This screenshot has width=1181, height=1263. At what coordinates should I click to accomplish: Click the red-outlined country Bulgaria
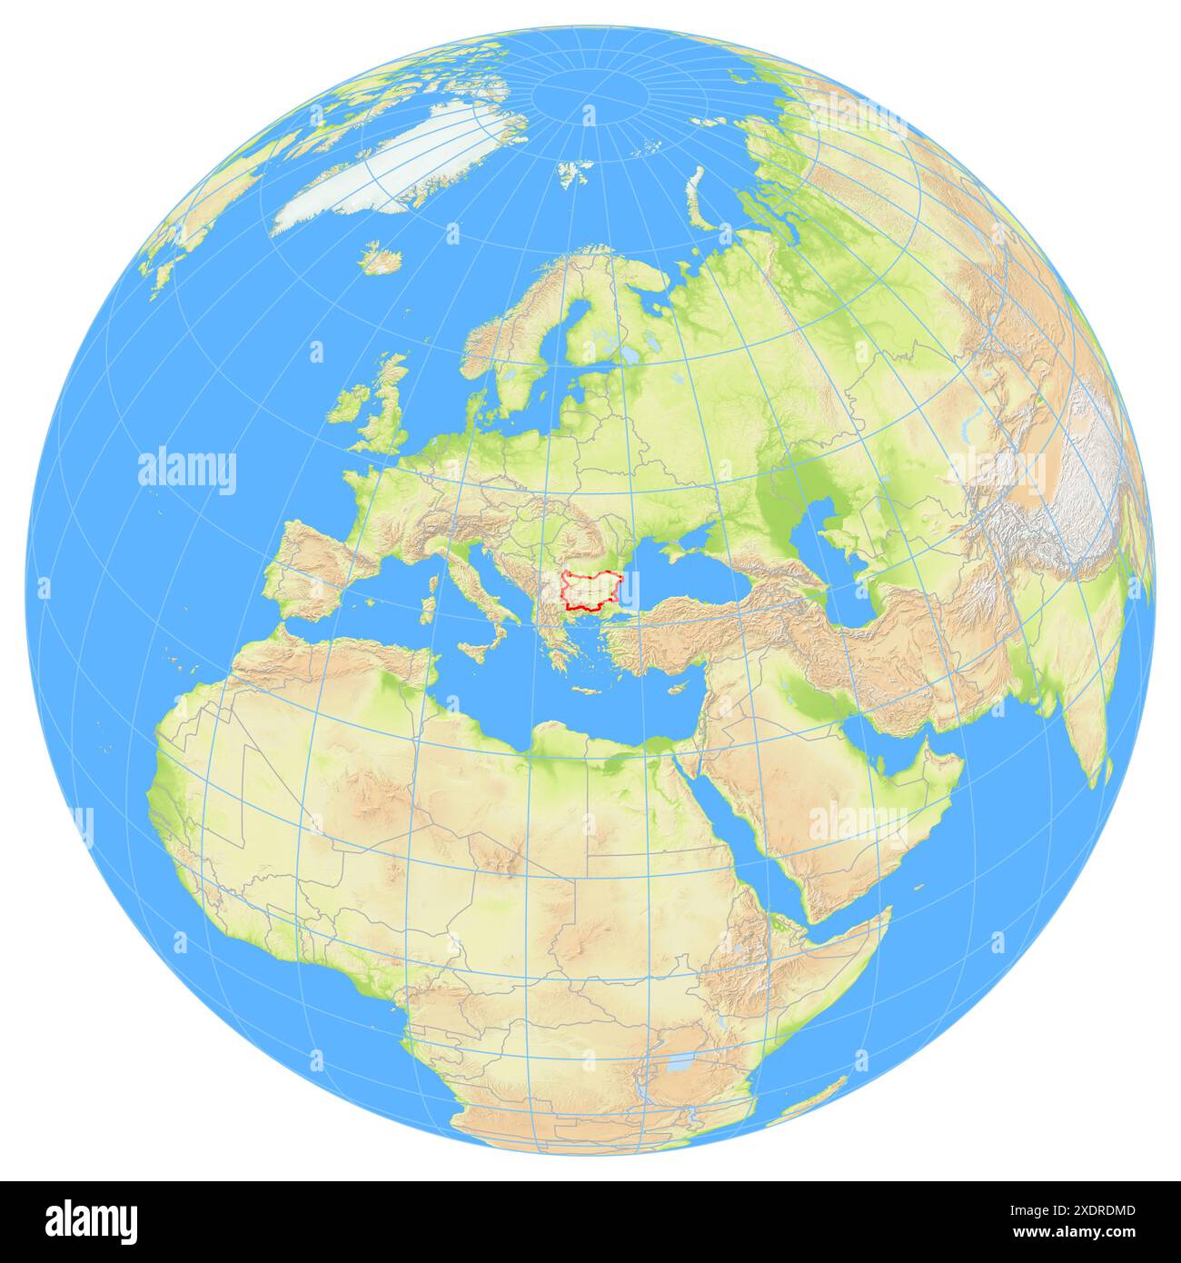click(595, 589)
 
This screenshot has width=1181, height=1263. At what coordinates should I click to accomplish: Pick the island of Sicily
click(475, 651)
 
